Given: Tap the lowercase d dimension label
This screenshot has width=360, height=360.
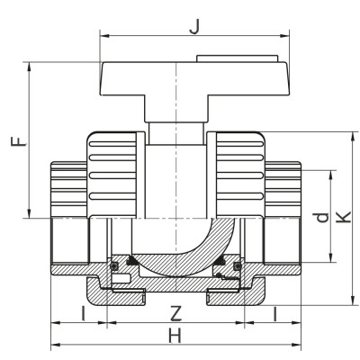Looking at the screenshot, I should tap(318, 219).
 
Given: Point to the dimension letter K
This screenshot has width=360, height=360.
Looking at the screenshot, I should tap(343, 219).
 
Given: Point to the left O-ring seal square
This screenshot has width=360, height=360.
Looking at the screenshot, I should tap(114, 266).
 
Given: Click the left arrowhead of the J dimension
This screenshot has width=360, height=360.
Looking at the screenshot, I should tap(102, 37).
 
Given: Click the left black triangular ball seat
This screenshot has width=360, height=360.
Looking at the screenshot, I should tap(132, 262).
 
